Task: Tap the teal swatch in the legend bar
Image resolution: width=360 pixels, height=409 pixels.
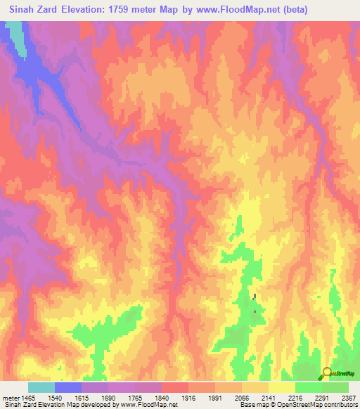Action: (41, 387)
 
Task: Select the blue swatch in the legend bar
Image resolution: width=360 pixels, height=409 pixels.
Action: (68, 387)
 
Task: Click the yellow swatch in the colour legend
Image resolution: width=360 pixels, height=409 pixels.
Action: (282, 387)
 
